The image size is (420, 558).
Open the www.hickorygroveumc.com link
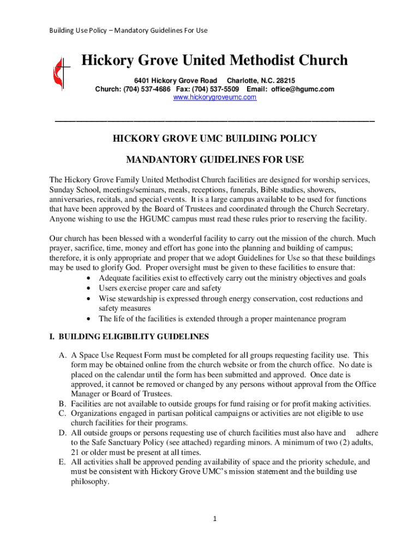pyautogui.click(x=214, y=97)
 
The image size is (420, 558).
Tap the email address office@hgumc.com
pyautogui.click(x=303, y=89)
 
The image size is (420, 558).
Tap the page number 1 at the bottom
pyautogui.click(x=215, y=518)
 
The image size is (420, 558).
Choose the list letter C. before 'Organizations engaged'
pyautogui.click(x=63, y=414)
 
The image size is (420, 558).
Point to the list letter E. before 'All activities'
pyautogui.click(x=63, y=462)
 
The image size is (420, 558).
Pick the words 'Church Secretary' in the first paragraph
pyautogui.click(x=338, y=209)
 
